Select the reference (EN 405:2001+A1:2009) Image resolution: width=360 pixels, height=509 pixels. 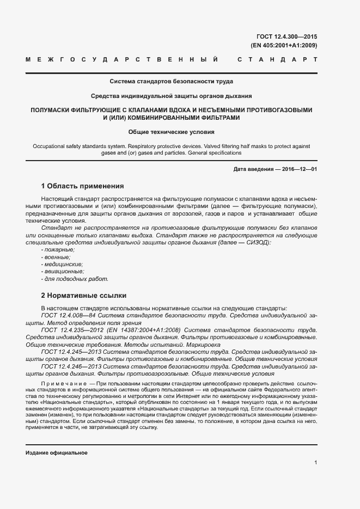coord(283,45)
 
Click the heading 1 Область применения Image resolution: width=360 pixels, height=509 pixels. coord(82,186)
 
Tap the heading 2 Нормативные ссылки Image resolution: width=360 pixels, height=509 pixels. coord(84,296)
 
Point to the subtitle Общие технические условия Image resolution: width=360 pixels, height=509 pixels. coord(171,131)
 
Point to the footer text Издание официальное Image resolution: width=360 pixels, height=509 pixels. coord(57,453)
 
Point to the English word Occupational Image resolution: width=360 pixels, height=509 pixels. coord(51,146)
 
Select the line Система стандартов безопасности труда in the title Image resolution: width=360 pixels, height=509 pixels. coord(171,82)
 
